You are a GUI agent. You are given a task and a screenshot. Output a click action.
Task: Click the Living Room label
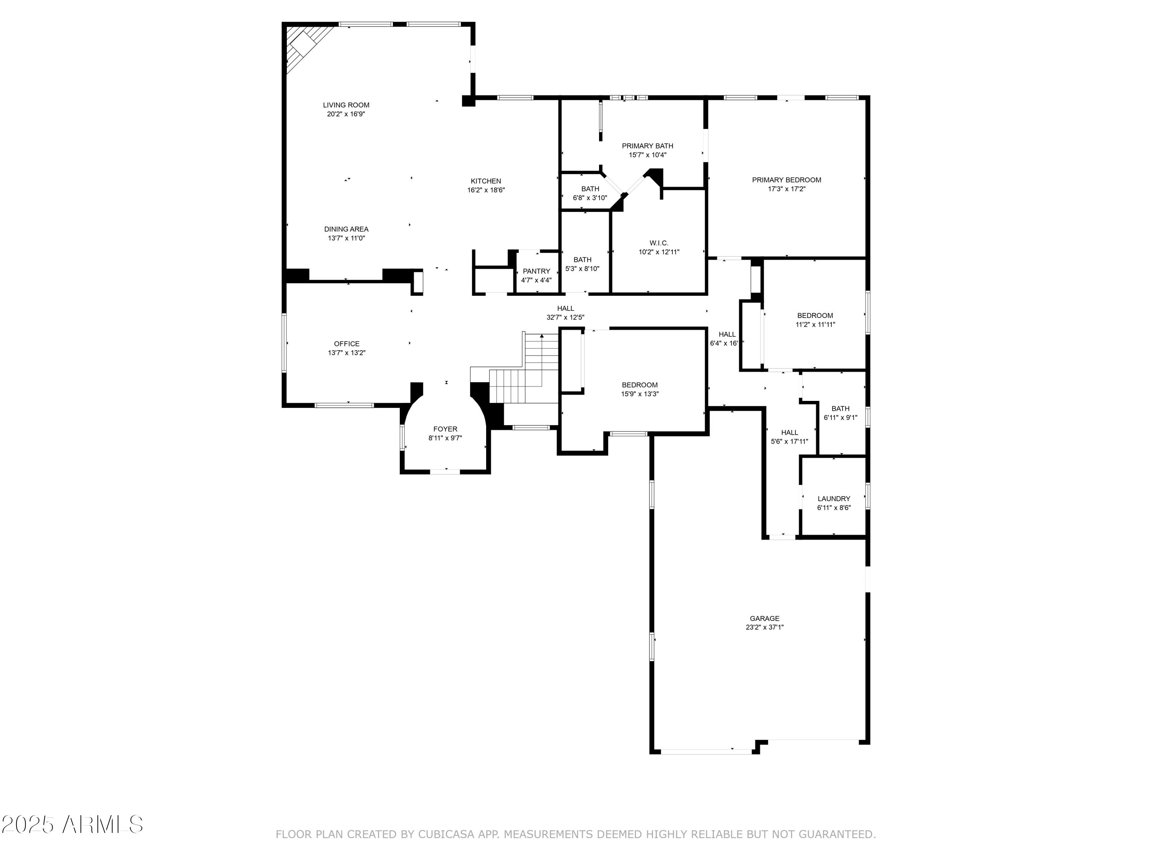tap(346, 105)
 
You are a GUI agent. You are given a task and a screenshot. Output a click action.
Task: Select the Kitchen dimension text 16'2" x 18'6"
tap(485, 190)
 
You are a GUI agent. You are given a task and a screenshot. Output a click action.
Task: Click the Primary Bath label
tap(647, 146)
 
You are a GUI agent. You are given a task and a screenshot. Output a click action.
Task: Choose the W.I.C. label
tap(659, 243)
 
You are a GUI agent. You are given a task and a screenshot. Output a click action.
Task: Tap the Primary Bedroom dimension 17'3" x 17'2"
tap(786, 189)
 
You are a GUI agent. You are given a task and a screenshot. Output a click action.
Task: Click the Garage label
tap(765, 619)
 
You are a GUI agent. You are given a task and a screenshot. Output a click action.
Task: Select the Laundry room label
tap(833, 499)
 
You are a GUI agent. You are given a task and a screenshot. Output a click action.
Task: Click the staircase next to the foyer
tap(526, 375)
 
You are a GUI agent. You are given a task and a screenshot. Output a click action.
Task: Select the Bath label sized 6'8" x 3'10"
tap(590, 189)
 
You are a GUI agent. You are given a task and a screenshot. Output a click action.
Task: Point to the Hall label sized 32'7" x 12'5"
tap(565, 308)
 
